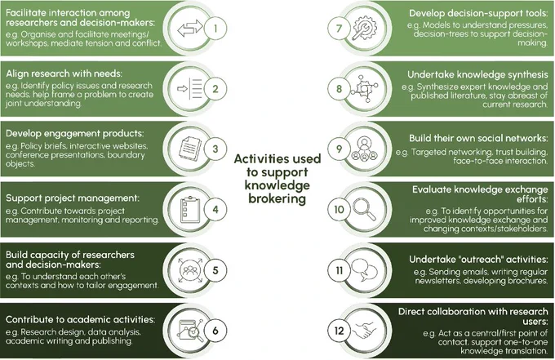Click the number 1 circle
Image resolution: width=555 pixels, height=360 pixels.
(215, 29)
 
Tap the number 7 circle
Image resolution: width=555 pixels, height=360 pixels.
(339, 29)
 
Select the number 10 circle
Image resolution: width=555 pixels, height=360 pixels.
(339, 210)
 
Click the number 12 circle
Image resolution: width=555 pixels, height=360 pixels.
(339, 331)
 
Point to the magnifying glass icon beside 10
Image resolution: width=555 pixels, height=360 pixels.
(364, 209)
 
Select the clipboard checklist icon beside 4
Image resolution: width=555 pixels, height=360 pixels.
(190, 210)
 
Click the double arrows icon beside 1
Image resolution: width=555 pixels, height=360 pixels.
(190, 29)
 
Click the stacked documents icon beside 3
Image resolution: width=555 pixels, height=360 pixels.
(190, 149)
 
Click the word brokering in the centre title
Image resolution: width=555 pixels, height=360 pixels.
(277, 198)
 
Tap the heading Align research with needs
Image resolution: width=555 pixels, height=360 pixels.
(64, 73)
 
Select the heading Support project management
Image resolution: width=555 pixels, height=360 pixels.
(73, 198)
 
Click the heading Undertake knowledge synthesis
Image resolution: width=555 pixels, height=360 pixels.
(477, 74)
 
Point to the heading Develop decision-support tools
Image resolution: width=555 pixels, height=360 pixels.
(478, 13)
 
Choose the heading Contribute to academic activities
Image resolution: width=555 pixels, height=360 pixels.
(80, 320)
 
